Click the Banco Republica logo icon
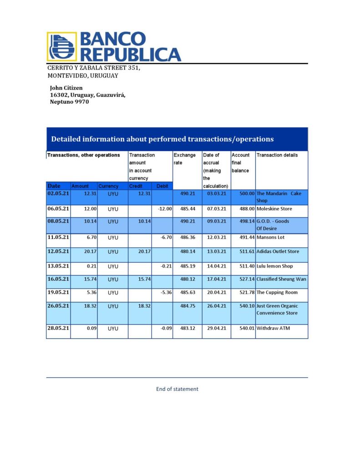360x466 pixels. coord(61,46)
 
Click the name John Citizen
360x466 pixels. coord(66,88)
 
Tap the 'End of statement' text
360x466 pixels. coord(177,389)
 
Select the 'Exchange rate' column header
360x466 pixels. coord(184,159)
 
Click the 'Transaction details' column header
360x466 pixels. coord(277,155)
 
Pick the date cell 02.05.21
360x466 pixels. coord(58,193)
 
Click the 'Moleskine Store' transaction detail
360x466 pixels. coord(274,209)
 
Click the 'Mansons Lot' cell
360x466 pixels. coord(270,237)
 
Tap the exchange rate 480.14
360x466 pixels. coord(187,251)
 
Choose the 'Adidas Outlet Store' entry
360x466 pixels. coord(278,251)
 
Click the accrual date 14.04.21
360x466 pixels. coord(216,266)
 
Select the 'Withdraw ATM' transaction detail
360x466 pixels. coord(273,328)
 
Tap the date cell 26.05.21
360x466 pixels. coord(58,306)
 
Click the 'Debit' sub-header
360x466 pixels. coord(162,186)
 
